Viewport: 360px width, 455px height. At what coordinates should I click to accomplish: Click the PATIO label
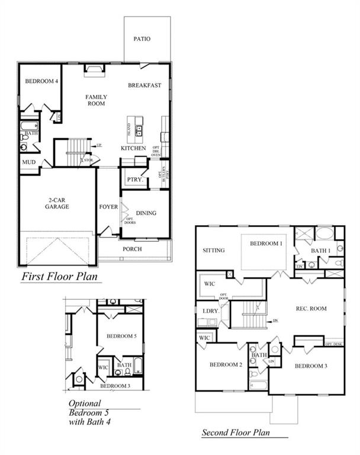[142, 39]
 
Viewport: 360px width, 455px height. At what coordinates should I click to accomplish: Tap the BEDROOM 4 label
[41, 81]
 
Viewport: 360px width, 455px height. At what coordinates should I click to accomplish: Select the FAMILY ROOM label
[95, 100]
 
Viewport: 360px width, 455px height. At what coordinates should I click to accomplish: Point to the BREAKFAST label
[144, 85]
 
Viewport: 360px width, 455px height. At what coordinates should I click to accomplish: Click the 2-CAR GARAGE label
[57, 203]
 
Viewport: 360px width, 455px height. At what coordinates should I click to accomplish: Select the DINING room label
[146, 213]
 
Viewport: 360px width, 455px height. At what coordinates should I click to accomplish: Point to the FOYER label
[108, 207]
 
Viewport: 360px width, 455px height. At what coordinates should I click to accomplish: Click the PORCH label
[132, 249]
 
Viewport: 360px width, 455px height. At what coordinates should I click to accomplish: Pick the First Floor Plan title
[59, 276]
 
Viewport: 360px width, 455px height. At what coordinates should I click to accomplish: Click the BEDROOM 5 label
[122, 336]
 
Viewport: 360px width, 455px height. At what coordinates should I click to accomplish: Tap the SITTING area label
[214, 251]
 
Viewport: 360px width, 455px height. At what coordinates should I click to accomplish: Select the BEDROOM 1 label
[266, 243]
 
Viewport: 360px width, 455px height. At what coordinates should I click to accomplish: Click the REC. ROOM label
[306, 307]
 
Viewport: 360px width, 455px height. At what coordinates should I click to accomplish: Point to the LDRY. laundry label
[208, 310]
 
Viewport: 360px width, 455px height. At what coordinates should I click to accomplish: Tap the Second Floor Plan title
[239, 432]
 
